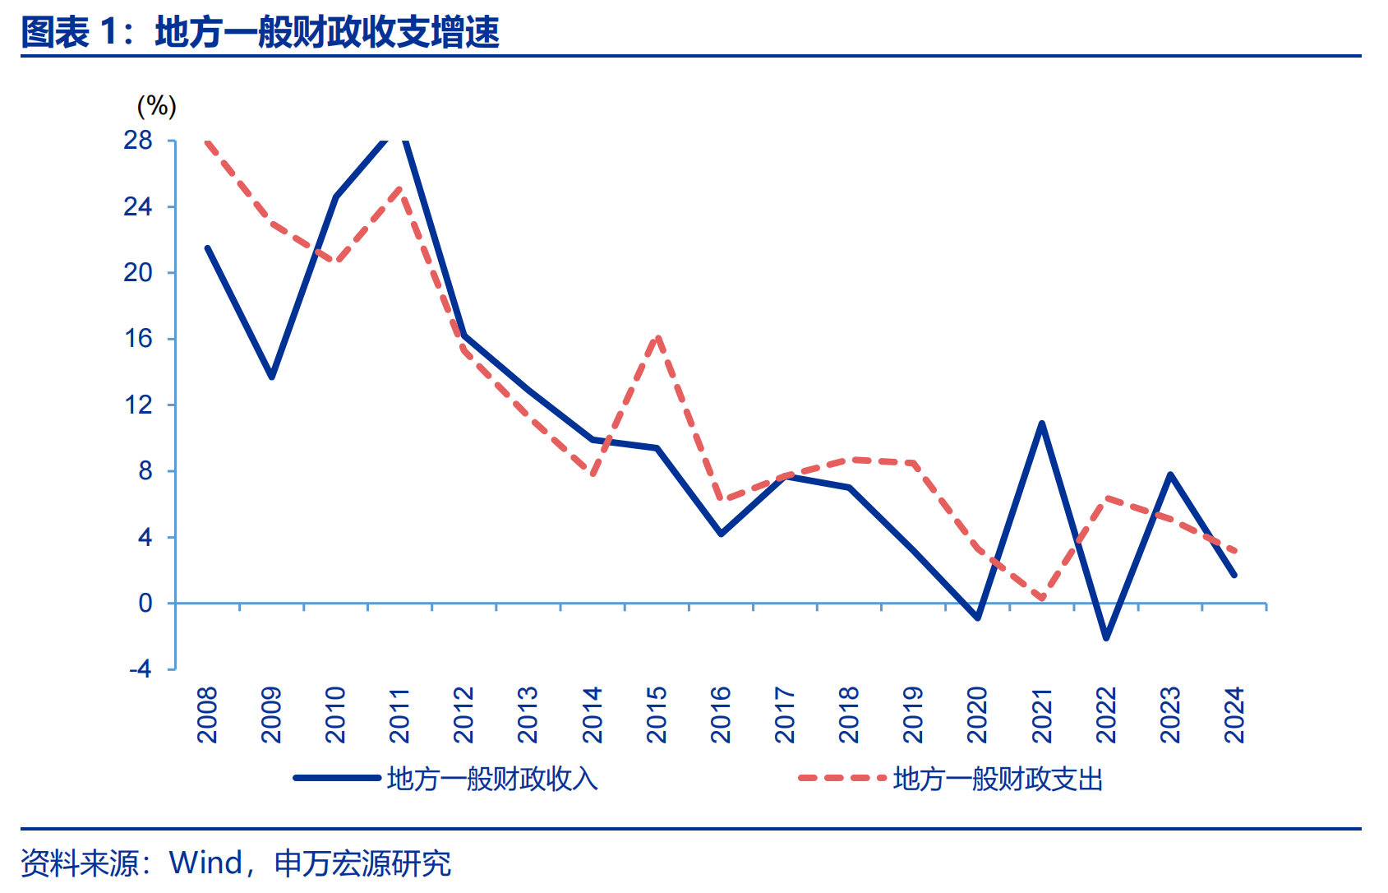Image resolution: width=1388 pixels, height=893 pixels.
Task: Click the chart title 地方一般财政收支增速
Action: [327, 32]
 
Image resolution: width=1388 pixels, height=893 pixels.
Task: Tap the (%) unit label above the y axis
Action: [156, 106]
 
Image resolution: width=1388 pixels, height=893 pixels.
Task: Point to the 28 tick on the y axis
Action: [138, 141]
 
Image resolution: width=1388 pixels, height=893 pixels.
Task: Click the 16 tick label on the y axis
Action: [138, 339]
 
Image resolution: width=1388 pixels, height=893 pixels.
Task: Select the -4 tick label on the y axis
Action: [141, 669]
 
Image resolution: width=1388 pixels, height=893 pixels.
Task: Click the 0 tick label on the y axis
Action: [145, 604]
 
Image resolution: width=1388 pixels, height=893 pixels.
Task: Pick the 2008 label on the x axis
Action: [207, 715]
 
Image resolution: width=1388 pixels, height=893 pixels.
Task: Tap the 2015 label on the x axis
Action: [657, 715]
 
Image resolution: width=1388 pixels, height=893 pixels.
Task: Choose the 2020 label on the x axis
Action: [977, 715]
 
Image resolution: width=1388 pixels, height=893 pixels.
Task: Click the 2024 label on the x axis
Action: [1234, 715]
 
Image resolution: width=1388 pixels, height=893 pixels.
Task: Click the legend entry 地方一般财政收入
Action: [491, 779]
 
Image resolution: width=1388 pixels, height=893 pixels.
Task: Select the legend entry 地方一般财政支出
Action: [998, 779]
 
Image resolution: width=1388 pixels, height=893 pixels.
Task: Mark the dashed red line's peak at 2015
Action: [657, 336]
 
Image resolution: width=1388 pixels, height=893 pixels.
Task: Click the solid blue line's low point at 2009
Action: [272, 377]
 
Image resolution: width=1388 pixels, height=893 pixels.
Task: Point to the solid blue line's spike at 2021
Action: [1042, 423]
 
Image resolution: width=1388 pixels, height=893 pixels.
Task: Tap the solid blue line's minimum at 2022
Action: [1106, 638]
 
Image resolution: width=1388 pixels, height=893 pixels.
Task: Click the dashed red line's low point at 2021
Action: [1042, 598]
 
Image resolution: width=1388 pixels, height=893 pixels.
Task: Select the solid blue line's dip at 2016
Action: [721, 534]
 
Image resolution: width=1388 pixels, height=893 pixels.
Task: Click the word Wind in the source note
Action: [205, 863]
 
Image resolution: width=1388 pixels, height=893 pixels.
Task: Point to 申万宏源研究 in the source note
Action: [362, 863]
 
